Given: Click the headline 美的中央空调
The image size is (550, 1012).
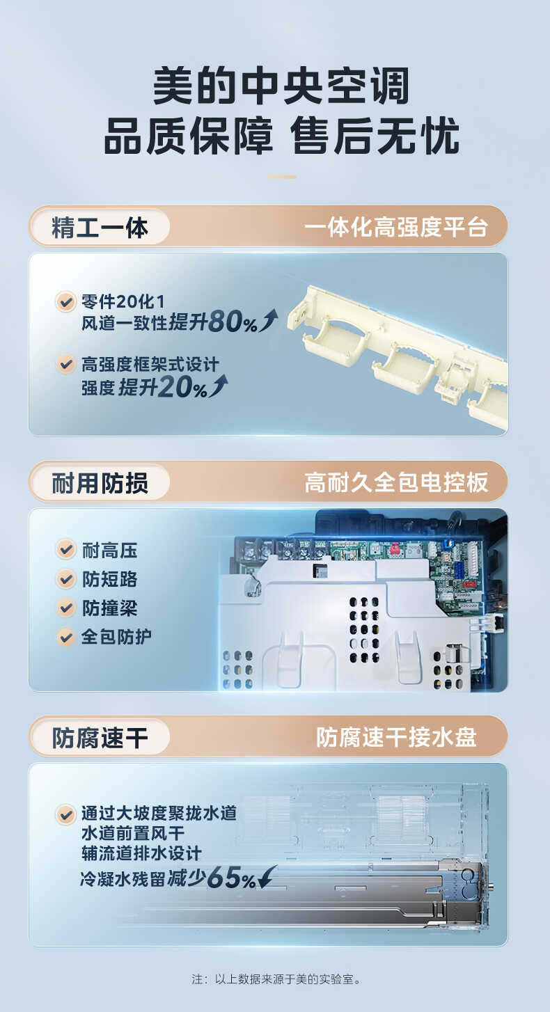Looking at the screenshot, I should [x=281, y=87].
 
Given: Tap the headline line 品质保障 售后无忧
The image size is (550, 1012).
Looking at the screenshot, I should [x=281, y=136].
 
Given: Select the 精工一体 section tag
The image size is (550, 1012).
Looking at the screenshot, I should [x=100, y=228].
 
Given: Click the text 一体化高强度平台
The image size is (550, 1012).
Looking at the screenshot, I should [x=395, y=228].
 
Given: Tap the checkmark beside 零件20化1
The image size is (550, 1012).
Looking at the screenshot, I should [x=65, y=302].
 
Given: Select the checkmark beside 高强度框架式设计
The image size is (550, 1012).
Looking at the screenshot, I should [x=65, y=364].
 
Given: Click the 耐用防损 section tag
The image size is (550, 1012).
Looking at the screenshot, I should [x=100, y=482].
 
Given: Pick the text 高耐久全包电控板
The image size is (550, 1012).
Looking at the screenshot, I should [x=395, y=482].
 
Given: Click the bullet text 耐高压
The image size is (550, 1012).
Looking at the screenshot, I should [x=109, y=551].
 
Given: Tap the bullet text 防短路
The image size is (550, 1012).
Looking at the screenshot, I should [x=109, y=579].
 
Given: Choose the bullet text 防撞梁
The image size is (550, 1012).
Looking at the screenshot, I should [x=109, y=608].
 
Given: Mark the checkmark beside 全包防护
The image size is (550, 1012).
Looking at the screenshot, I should [x=65, y=636].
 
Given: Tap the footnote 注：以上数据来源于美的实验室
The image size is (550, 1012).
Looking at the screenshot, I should [x=276, y=979].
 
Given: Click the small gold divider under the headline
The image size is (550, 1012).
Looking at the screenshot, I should [x=281, y=177].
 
